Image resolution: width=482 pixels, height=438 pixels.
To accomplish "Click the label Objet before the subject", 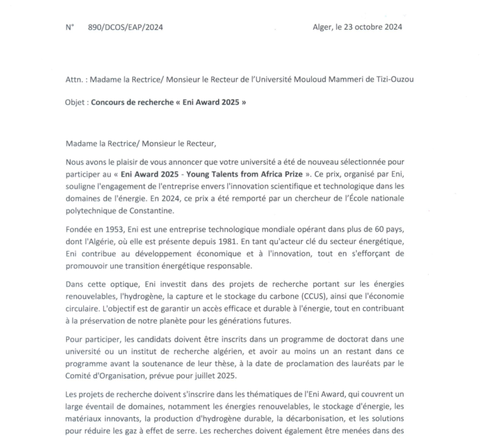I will pyautogui.click(x=77, y=103).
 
